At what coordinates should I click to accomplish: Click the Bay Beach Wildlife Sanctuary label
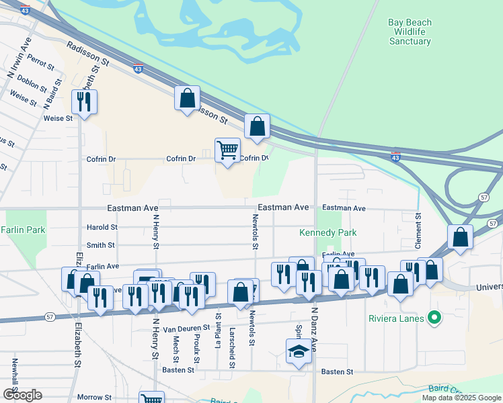tap(410, 32)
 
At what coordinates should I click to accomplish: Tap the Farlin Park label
tap(23, 230)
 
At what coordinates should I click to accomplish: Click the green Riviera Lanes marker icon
tap(434, 318)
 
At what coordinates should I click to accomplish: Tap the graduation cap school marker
tap(299, 352)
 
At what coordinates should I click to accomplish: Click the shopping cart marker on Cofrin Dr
tap(228, 150)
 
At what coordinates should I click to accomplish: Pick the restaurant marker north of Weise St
tap(84, 102)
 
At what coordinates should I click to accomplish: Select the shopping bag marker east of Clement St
tap(461, 237)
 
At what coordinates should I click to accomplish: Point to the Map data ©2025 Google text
tap(461, 398)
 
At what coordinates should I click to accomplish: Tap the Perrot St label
tap(42, 63)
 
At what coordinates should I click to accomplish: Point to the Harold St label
tap(102, 227)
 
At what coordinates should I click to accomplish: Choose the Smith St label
tap(101, 246)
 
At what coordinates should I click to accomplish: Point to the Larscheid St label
tap(232, 349)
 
